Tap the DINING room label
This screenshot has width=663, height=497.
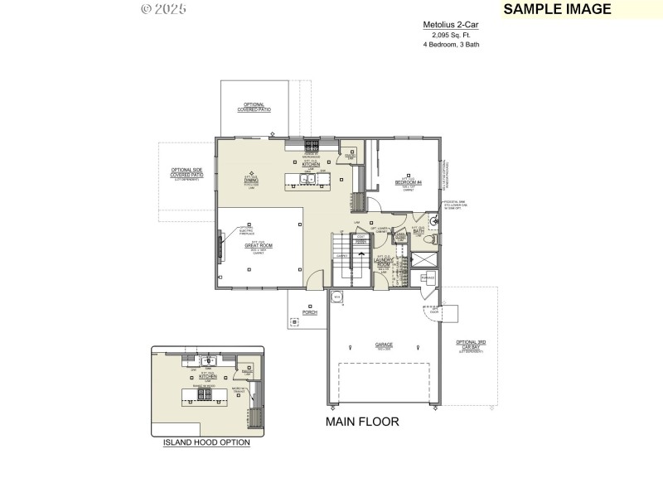click(x=251, y=180)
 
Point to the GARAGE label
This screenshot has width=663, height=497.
click(x=384, y=344)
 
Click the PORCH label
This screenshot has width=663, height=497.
click(x=310, y=313)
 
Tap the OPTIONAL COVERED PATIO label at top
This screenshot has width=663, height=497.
click(x=254, y=107)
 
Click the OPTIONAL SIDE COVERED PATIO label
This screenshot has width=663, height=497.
click(x=186, y=173)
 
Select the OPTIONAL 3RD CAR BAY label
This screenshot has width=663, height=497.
click(x=471, y=344)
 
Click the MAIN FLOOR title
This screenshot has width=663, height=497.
click(x=362, y=422)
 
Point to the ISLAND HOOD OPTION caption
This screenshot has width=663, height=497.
click(x=206, y=443)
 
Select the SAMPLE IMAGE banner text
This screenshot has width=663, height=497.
click(x=557, y=9)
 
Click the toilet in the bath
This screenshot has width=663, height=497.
click(x=432, y=239)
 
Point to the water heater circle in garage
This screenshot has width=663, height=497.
click(x=336, y=297)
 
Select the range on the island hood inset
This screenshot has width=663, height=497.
click(x=204, y=397)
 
